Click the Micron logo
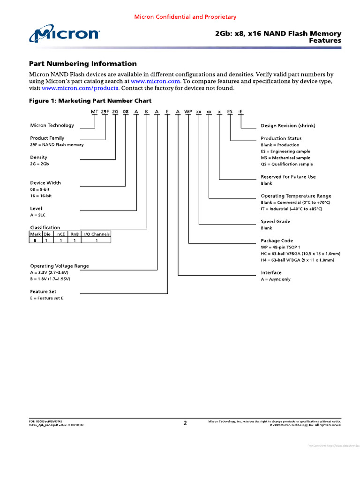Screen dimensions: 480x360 click(64, 34)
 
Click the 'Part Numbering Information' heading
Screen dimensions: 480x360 click(83, 64)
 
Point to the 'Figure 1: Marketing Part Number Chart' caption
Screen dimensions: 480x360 click(90, 101)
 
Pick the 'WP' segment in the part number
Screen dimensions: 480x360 click(188, 112)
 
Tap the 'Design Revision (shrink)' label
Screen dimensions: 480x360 click(288, 126)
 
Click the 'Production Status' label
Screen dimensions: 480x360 click(281, 138)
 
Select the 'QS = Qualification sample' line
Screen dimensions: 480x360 click(286, 164)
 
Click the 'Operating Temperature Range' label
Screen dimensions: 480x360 click(296, 196)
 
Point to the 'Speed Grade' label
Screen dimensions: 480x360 click(275, 221)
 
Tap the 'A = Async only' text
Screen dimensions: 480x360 click(275, 279)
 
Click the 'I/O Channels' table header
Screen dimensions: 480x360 click(97, 233)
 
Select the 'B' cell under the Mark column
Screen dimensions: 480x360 click(35, 240)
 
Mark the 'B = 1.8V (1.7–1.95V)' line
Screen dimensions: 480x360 click(50, 279)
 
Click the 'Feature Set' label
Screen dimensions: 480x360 click(43, 292)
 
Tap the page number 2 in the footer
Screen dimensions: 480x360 click(185, 423)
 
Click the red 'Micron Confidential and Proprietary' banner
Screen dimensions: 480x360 click(185, 17)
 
